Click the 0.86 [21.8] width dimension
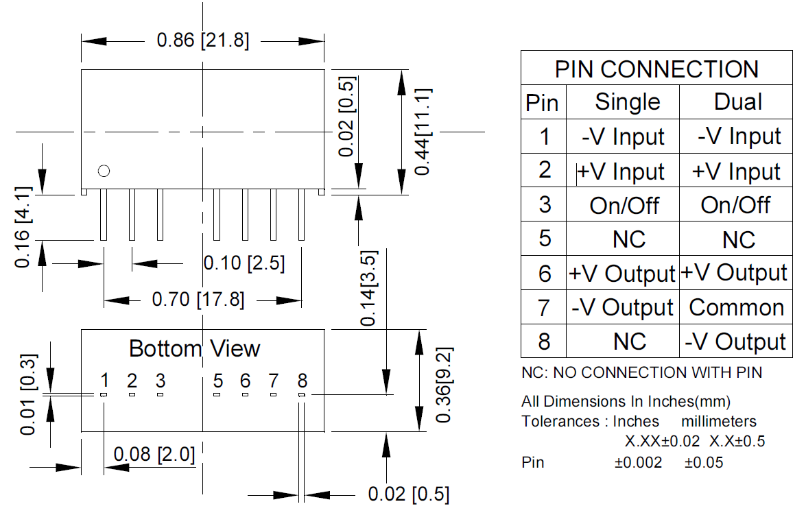202,40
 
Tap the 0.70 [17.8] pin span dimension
198,300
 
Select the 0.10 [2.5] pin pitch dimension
244,263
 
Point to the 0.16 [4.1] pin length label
25,226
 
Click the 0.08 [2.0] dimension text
154,455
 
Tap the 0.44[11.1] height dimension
423,131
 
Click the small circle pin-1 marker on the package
104,171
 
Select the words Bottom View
195,348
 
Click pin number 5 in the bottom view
218,381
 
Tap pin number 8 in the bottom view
302,381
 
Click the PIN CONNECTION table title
656,69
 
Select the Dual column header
737,102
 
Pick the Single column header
627,102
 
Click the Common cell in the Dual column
736,307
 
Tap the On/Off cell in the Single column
624,205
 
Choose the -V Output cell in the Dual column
735,342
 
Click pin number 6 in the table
545,274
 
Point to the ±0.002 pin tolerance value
638,463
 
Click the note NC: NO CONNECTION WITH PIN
641,373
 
